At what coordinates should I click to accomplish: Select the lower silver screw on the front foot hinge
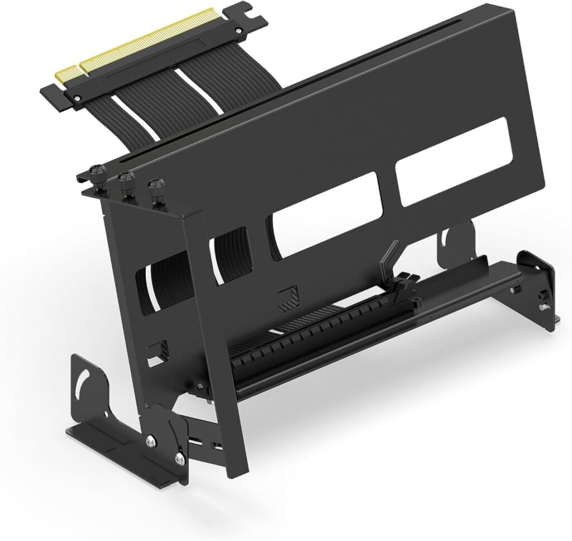pos(178,459)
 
